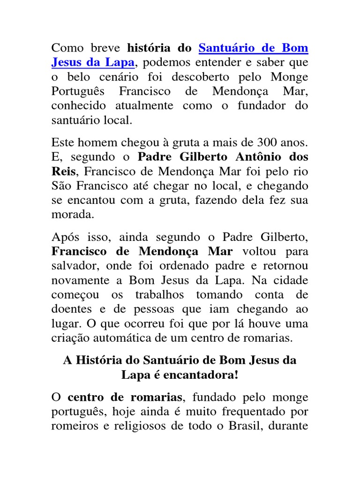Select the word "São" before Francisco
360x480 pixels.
click(x=62, y=185)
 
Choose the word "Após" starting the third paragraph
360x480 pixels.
click(x=64, y=237)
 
